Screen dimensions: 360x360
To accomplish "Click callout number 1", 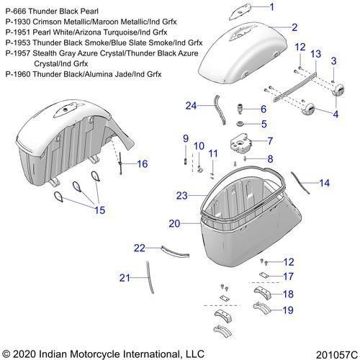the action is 272,7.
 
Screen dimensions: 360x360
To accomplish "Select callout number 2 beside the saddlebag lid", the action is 294,27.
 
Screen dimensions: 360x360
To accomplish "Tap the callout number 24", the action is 191,106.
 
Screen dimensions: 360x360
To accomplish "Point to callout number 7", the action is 270,141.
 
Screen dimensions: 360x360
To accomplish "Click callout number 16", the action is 143,164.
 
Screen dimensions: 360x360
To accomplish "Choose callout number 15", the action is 100,210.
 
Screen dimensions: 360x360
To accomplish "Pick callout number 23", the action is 182,196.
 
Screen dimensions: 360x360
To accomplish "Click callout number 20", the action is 174,224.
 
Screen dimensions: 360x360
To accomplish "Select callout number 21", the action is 125,278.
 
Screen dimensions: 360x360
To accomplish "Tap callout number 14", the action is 325,183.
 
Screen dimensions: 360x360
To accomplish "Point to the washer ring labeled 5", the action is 240,124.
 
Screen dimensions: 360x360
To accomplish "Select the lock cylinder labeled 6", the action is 240,109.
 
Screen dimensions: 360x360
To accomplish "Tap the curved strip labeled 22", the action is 176,251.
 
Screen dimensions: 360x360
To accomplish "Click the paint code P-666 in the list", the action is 16,12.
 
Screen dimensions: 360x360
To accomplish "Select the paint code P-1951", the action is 18,32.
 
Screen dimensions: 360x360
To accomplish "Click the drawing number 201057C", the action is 337,355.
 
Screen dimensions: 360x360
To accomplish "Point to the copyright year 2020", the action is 24,354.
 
